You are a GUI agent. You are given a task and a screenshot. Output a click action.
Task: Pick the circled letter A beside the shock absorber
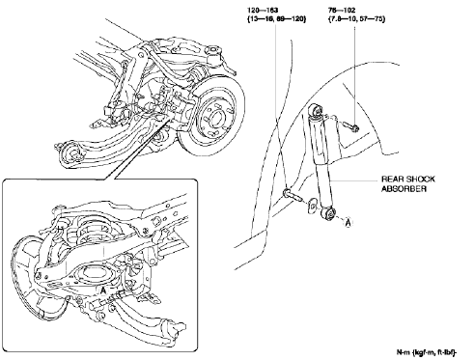pyautogui.click(x=348, y=221)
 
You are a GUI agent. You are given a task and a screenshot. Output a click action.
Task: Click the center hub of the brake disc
pyautogui.click(x=213, y=121)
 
